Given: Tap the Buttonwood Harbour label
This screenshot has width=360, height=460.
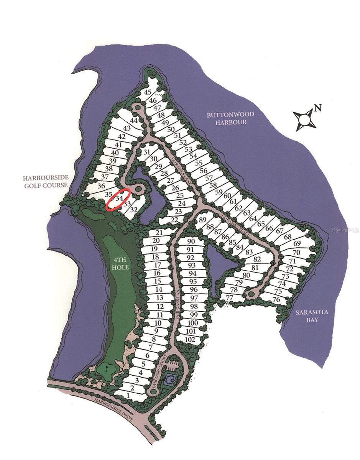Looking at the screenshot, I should [x=225, y=118].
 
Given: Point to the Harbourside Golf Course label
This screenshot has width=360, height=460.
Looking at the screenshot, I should [x=45, y=181].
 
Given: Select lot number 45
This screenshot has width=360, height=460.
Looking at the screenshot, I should [x=148, y=92].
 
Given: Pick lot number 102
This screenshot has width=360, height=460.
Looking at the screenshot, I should [x=190, y=339].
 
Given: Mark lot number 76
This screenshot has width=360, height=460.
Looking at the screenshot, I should [x=276, y=299].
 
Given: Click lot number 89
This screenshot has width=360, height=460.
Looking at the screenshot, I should [x=203, y=220].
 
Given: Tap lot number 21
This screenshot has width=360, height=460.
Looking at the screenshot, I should [x=159, y=233].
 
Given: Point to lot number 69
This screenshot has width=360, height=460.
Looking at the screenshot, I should [x=297, y=243].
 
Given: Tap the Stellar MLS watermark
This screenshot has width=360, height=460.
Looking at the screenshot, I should [x=345, y=230].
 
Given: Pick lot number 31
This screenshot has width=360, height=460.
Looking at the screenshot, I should [x=146, y=152].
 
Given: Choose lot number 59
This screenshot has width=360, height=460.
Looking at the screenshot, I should [x=219, y=192].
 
